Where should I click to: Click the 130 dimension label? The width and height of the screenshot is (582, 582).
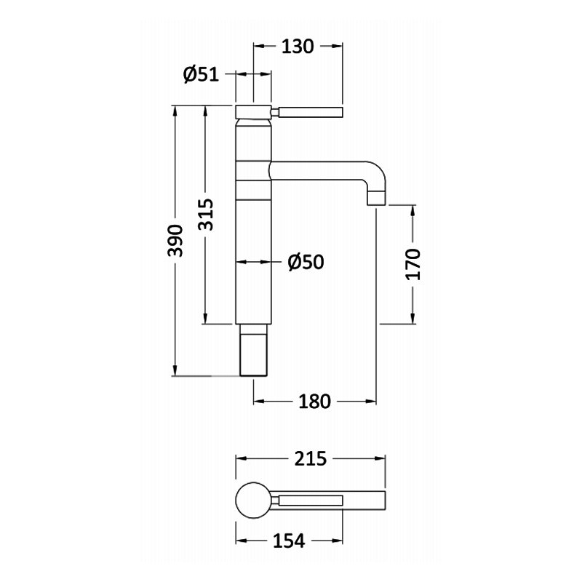point(298,47)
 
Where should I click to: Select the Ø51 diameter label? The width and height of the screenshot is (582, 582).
point(202,75)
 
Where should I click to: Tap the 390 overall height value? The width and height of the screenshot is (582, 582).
point(175,240)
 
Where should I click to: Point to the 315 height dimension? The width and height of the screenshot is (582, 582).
point(206,215)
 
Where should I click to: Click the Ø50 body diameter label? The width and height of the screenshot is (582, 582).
point(306,262)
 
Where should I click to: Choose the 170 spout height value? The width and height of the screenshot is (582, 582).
point(413,264)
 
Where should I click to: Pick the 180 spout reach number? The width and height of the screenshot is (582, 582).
point(314,402)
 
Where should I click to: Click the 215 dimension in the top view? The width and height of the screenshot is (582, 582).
point(311,459)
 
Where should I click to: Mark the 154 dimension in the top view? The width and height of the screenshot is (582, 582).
point(289,541)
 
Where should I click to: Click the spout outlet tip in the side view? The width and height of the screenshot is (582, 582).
point(377,198)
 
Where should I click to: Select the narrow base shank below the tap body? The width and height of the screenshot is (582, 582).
point(253,350)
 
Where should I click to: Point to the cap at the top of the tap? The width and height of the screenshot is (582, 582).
point(253,112)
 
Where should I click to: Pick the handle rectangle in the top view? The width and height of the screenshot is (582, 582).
point(311,501)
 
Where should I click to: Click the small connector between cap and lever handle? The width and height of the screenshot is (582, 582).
point(275,112)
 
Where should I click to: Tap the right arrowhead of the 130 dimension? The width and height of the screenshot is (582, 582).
point(337,46)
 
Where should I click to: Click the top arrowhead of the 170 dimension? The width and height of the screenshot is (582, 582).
point(413,210)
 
